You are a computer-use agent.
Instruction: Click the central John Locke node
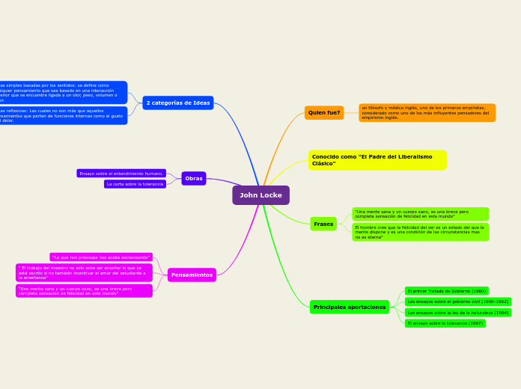(x=260, y=195)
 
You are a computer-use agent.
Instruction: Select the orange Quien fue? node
(x=324, y=113)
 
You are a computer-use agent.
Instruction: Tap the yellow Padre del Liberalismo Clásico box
(x=377, y=160)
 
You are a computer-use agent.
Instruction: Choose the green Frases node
(x=323, y=224)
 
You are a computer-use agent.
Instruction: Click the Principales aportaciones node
(x=350, y=307)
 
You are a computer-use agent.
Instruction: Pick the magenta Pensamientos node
(x=192, y=275)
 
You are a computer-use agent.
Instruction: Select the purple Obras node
(x=193, y=178)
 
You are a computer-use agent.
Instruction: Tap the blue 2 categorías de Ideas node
(x=178, y=102)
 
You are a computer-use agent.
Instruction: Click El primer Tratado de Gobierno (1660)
(x=446, y=290)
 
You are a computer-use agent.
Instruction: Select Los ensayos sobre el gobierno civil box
(x=457, y=301)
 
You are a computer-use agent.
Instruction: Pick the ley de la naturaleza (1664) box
(x=457, y=313)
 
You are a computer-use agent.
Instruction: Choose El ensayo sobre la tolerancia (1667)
(x=445, y=323)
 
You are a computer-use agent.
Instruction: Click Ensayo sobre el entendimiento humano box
(x=121, y=173)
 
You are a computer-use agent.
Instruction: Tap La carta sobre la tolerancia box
(x=135, y=184)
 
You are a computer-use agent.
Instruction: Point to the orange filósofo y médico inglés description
(x=427, y=113)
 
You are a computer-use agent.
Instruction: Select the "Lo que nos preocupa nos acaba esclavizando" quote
(x=101, y=257)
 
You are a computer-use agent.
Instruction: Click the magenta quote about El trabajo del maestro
(x=84, y=272)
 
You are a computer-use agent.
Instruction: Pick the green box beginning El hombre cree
(x=420, y=232)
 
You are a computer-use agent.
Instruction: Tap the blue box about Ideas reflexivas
(x=63, y=115)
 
